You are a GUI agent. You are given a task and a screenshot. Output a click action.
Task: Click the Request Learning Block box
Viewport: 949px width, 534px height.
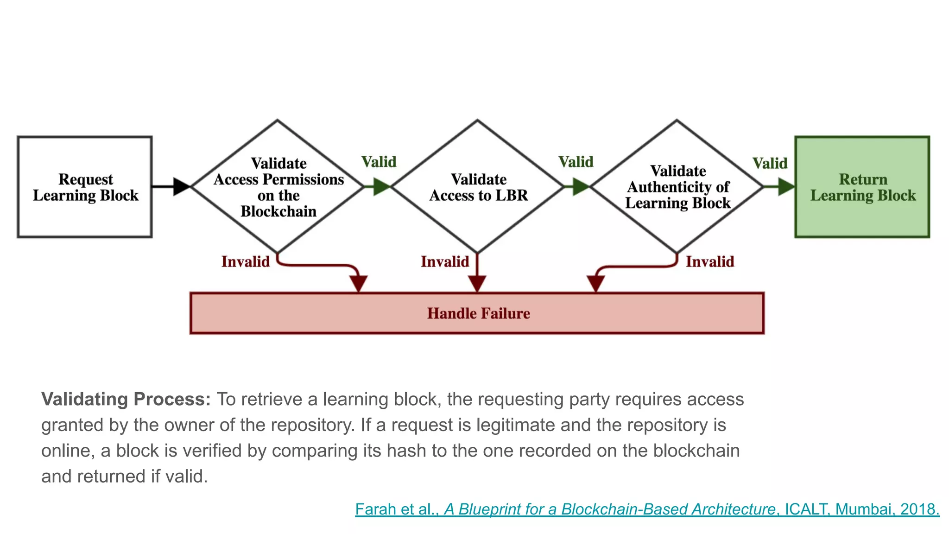(85, 187)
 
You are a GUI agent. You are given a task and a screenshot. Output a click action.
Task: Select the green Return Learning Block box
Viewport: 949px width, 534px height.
(862, 187)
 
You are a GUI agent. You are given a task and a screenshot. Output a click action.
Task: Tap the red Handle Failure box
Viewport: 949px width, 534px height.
(477, 313)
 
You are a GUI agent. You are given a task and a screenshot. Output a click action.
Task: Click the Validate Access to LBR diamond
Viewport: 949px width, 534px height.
(478, 187)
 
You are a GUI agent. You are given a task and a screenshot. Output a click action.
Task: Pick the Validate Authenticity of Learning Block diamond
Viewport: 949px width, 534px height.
(677, 187)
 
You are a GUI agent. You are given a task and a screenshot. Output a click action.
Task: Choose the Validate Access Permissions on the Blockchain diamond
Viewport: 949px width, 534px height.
(278, 187)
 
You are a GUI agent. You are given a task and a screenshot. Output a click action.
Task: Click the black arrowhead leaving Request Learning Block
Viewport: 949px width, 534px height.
(181, 186)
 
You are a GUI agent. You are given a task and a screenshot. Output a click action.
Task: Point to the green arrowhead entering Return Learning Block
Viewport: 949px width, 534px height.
(786, 187)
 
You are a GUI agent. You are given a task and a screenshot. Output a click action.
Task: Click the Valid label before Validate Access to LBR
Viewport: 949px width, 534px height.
(379, 162)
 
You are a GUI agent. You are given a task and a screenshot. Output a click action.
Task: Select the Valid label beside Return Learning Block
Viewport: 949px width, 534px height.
(770, 163)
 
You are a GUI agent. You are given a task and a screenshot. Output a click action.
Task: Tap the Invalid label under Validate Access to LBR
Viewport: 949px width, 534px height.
(445, 261)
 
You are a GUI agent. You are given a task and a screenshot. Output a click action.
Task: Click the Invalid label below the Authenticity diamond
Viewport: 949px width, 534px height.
(710, 261)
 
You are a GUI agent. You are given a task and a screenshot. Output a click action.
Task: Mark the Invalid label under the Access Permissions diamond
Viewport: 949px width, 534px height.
(245, 261)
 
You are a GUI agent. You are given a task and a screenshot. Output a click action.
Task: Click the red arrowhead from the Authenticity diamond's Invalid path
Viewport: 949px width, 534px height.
(595, 283)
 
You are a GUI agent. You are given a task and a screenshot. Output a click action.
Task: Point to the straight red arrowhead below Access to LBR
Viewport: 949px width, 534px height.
(477, 283)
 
